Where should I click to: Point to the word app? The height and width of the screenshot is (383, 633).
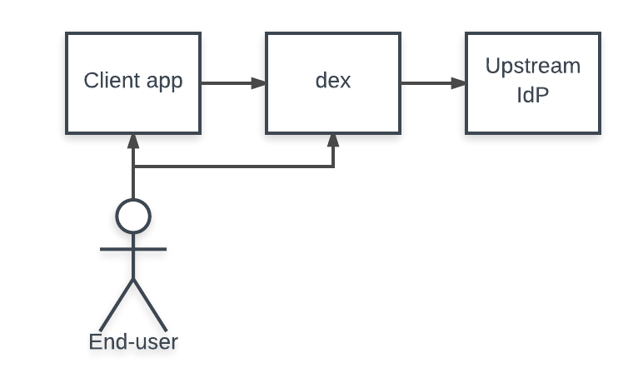[x=162, y=82]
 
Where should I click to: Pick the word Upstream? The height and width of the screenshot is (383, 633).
[x=533, y=66]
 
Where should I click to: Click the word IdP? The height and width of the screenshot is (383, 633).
[x=533, y=96]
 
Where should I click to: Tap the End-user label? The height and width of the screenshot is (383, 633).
[x=133, y=341]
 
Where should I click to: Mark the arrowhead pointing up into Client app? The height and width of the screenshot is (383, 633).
[x=133, y=141]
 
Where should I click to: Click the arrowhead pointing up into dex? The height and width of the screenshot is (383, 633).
[x=333, y=141]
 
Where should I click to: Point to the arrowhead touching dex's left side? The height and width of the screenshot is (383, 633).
[x=259, y=83]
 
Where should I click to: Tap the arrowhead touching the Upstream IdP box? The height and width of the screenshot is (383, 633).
[x=459, y=83]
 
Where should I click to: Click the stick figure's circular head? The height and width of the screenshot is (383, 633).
[x=133, y=216]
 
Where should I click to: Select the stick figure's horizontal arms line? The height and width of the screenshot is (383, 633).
[x=133, y=248]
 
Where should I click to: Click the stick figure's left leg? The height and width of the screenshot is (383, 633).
[x=117, y=304]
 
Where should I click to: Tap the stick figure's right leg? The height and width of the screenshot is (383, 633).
[x=150, y=304]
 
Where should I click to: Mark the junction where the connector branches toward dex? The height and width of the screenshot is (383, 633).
[x=133, y=167]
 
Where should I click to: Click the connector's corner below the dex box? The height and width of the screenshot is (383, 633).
[x=333, y=167]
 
